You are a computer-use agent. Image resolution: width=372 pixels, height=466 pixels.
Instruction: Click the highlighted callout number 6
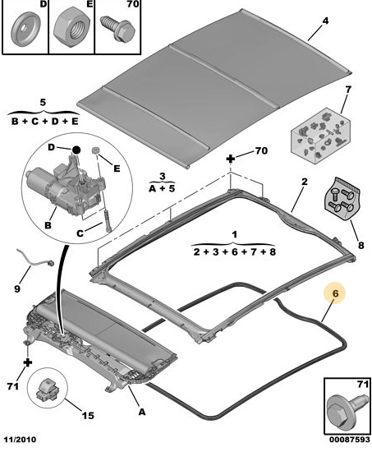tap(335, 293)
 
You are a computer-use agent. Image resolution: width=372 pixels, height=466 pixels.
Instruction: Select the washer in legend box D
tap(25, 29)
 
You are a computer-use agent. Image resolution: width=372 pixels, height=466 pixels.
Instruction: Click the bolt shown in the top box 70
tap(118, 28)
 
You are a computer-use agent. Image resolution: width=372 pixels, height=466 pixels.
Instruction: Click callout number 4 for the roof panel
tap(325, 21)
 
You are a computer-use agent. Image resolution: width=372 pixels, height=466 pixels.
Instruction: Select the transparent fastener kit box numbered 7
tap(320, 136)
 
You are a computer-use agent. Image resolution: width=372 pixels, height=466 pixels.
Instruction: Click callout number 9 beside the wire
tap(17, 288)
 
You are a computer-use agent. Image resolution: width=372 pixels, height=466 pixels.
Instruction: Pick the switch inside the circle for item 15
tap(47, 389)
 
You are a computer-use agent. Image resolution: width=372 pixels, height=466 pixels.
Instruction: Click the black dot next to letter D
tap(76, 150)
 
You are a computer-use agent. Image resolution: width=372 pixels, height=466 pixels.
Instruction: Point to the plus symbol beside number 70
tap(230, 159)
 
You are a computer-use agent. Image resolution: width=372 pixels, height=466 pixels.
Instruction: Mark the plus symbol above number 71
tap(28, 363)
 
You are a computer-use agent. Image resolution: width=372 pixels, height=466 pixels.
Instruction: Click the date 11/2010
tap(20, 439)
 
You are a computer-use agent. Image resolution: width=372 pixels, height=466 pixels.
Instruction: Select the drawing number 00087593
tap(350, 439)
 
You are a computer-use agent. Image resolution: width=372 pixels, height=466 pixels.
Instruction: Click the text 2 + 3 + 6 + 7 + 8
tap(235, 251)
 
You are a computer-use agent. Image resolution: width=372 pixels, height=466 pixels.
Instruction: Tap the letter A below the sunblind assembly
tap(142, 412)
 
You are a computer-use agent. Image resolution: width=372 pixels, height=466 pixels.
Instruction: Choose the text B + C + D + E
tap(44, 122)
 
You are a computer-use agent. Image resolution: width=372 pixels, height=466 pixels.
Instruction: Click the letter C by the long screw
tap(80, 233)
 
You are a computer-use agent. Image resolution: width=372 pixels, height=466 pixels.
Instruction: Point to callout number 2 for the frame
tap(305, 182)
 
